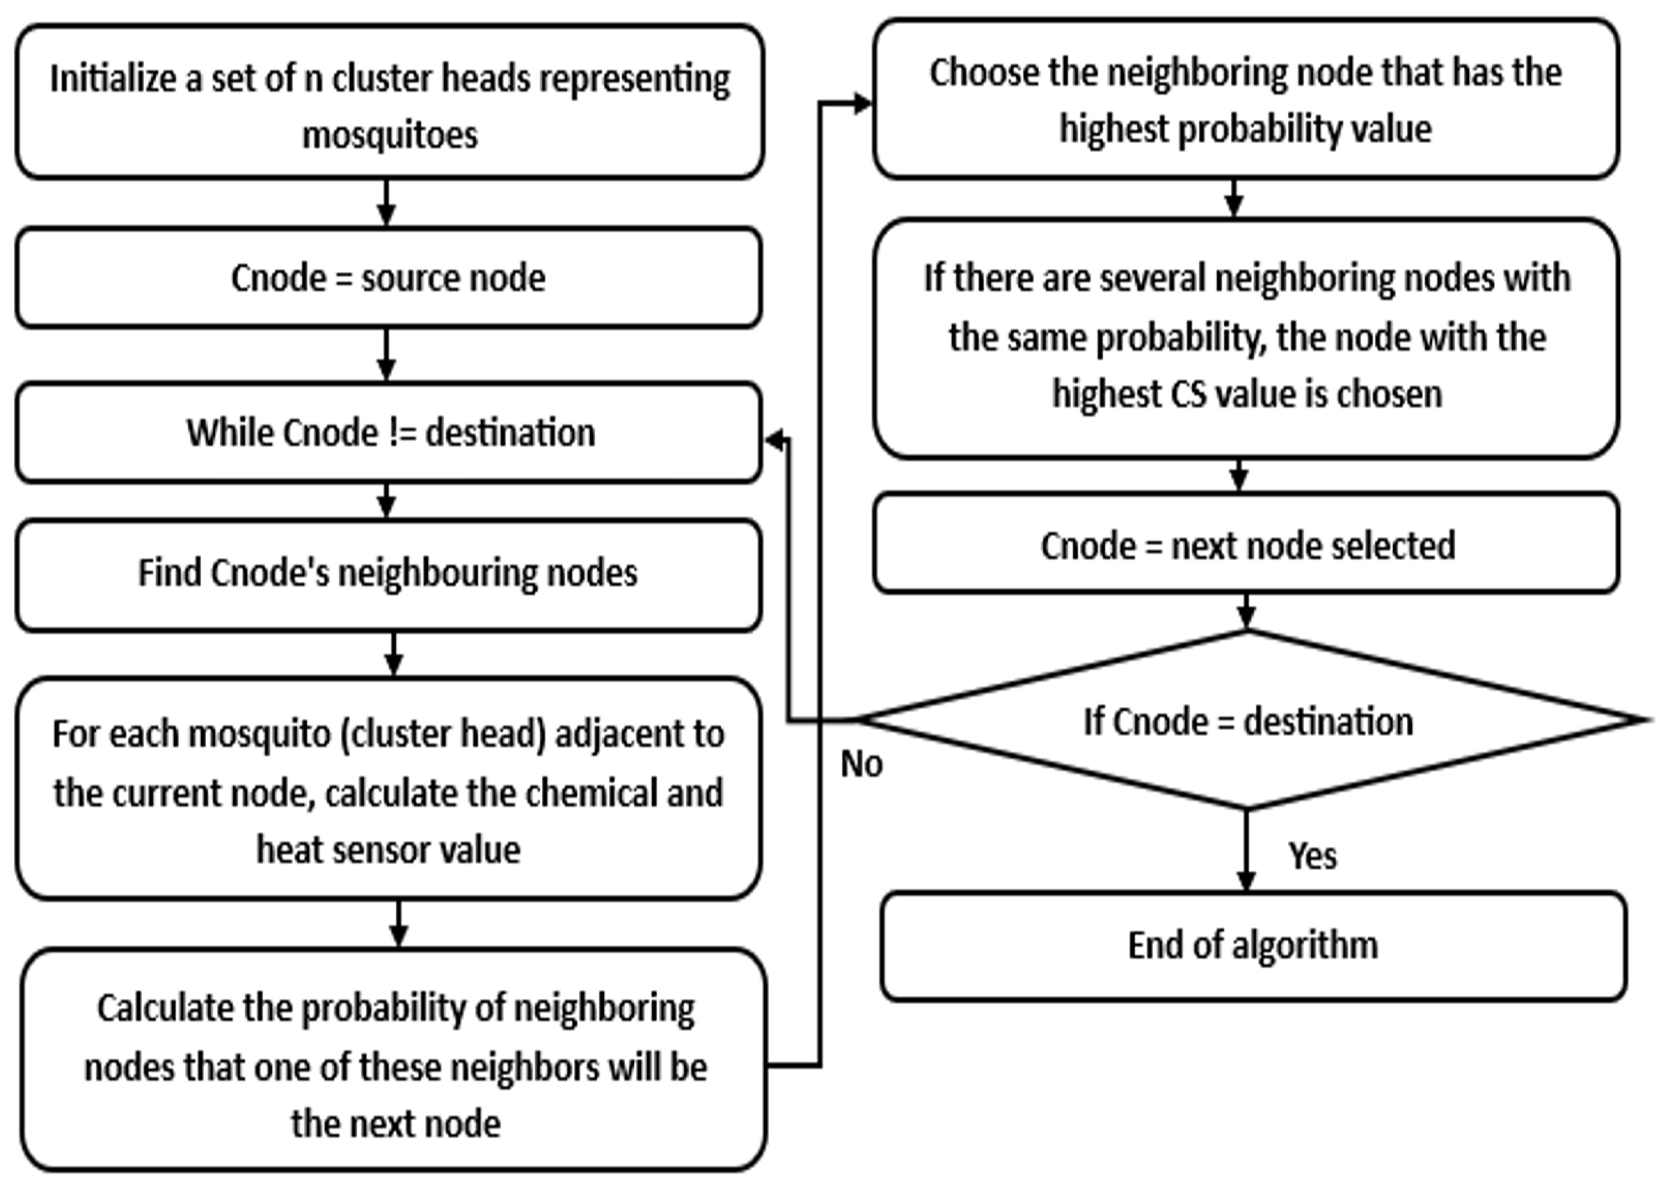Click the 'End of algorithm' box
(1253, 945)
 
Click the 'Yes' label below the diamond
(1313, 855)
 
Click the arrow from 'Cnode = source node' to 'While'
(386, 354)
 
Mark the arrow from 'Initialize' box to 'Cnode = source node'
(386, 203)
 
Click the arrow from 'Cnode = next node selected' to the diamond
(1246, 611)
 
